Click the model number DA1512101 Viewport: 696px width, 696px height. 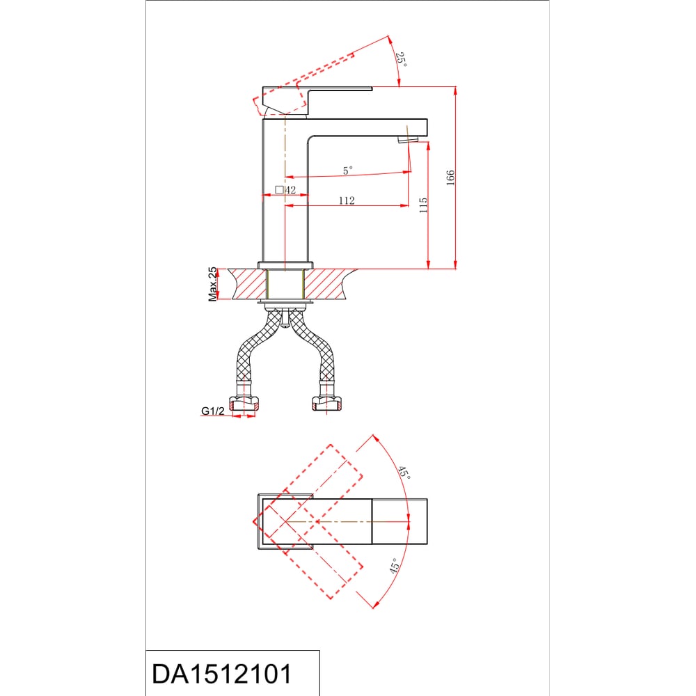[222, 674]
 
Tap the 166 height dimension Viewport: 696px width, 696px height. [450, 177]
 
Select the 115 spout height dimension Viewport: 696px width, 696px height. [423, 205]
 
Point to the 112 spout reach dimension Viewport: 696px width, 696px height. [347, 200]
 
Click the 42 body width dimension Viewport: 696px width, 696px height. [290, 190]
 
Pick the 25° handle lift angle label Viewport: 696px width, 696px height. [402, 59]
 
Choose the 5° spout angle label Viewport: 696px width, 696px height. [347, 170]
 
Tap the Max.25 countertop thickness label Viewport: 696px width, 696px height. [212, 284]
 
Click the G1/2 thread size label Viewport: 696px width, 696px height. [213, 411]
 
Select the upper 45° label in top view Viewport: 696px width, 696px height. [404, 473]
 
